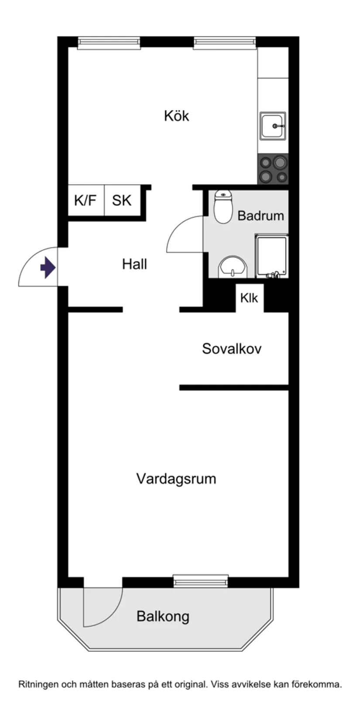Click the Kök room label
[176, 116]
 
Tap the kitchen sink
[273, 126]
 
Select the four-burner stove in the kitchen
[273, 169]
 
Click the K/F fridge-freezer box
[86, 201]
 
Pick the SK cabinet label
[122, 201]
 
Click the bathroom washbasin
[232, 267]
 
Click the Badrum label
[261, 216]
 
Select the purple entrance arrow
[48, 267]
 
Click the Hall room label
[134, 264]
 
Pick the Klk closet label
[249, 298]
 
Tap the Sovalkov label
[232, 349]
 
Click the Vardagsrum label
[176, 479]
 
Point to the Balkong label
[163, 616]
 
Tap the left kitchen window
[109, 42]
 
